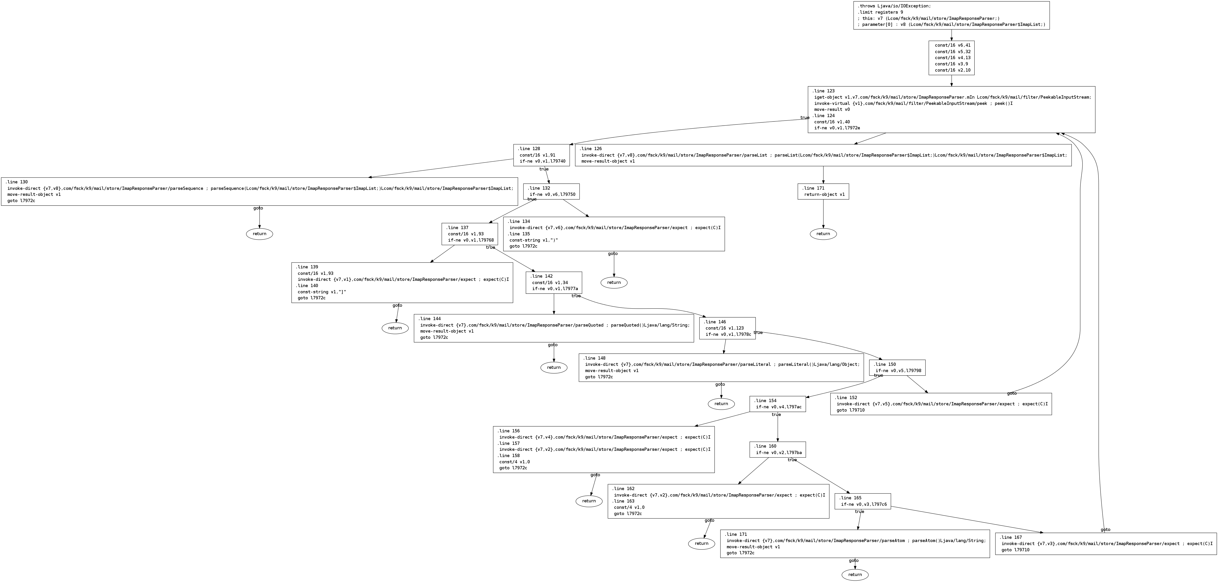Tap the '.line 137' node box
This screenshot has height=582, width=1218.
[470, 234]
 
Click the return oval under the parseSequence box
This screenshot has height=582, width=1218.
[259, 234]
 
